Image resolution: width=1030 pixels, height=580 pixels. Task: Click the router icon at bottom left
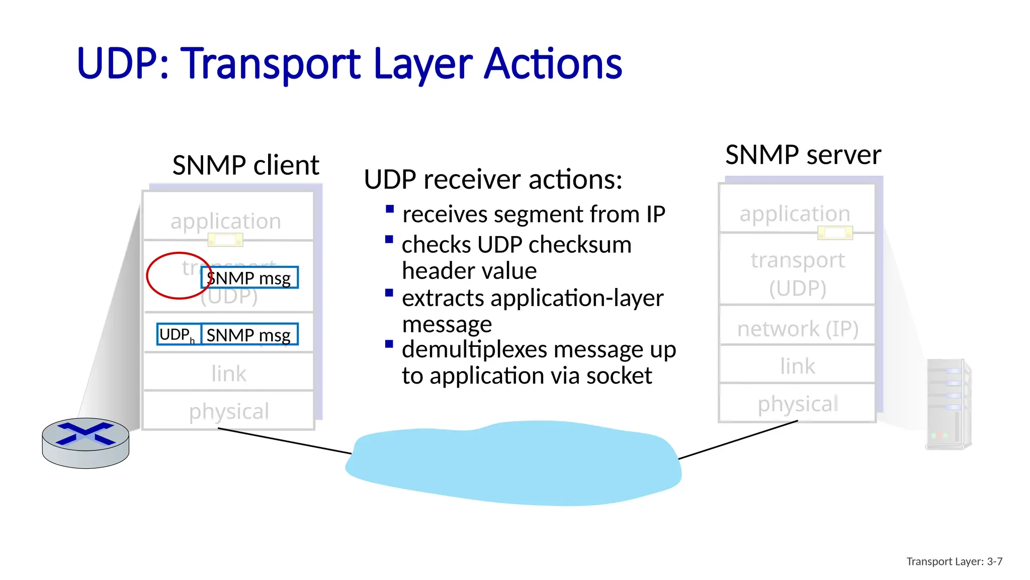tap(85, 442)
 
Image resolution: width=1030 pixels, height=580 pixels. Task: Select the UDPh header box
tap(179, 334)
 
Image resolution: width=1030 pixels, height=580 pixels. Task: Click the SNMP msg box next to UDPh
tap(249, 334)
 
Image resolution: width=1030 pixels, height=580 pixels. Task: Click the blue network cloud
tap(513, 463)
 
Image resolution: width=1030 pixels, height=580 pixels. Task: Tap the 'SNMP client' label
tap(245, 165)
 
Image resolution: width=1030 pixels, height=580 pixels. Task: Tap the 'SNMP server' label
tap(803, 155)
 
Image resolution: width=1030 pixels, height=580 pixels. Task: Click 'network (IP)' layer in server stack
tap(798, 329)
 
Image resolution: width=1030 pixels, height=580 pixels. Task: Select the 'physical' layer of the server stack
tap(798, 403)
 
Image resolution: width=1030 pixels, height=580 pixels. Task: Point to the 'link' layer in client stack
tap(229, 373)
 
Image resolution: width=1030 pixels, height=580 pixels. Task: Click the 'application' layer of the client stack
tap(225, 221)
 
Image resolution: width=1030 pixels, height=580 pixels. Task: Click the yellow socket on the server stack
tap(835, 233)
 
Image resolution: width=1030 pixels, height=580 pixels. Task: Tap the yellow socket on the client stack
tap(225, 240)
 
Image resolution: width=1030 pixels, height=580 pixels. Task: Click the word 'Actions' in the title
tap(553, 64)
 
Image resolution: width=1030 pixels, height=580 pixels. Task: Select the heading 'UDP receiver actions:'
tap(493, 179)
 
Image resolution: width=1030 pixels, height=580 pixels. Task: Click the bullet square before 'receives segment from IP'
tap(389, 209)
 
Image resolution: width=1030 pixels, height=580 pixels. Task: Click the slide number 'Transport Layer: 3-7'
tap(954, 561)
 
